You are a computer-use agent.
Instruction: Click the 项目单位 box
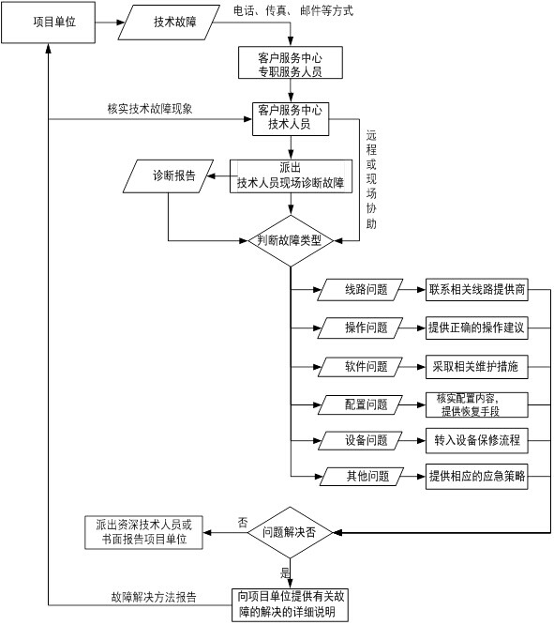pyautogui.click(x=48, y=23)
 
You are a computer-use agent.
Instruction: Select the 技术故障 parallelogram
pyautogui.click(x=169, y=23)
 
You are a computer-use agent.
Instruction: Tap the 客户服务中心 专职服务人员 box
pyautogui.click(x=291, y=63)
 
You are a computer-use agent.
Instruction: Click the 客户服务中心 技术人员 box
pyautogui.click(x=291, y=119)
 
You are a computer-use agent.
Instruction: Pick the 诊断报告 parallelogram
pyautogui.click(x=169, y=176)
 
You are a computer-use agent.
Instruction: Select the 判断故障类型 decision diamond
pyautogui.click(x=291, y=241)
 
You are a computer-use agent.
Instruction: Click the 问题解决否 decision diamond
pyautogui.click(x=290, y=532)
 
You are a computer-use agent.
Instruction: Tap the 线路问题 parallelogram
pyautogui.click(x=361, y=289)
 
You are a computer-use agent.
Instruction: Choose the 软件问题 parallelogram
pyautogui.click(x=361, y=367)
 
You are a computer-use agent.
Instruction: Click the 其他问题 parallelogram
pyautogui.click(x=362, y=477)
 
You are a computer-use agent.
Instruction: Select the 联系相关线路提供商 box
pyautogui.click(x=477, y=289)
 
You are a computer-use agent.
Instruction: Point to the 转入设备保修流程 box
pyautogui.click(x=477, y=440)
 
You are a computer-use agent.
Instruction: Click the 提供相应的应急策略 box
pyautogui.click(x=477, y=477)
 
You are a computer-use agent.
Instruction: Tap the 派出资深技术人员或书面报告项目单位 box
pyautogui.click(x=143, y=532)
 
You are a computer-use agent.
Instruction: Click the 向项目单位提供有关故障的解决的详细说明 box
pyautogui.click(x=290, y=604)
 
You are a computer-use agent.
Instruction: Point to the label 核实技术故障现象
pyautogui.click(x=150, y=109)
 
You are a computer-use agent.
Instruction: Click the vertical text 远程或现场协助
pyautogui.click(x=371, y=179)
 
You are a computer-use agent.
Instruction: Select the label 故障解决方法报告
pyautogui.click(x=154, y=597)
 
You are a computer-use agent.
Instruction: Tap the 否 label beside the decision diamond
pyautogui.click(x=243, y=523)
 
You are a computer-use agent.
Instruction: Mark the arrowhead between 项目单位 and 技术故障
pyautogui.click(x=121, y=23)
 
